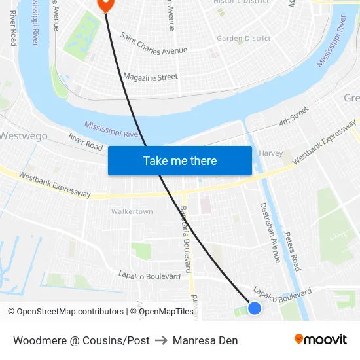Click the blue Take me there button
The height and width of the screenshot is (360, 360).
point(179,160)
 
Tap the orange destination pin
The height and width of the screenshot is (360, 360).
point(105,4)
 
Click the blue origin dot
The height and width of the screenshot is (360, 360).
point(255,308)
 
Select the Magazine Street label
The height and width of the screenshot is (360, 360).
point(151,77)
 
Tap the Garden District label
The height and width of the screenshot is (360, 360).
point(243,39)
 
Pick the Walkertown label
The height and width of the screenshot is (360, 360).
point(132,212)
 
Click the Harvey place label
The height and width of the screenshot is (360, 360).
point(270,153)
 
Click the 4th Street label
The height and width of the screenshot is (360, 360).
point(293,117)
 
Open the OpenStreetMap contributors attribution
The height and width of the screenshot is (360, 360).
point(65,312)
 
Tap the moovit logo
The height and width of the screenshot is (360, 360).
point(320,340)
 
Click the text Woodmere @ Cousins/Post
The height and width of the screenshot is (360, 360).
point(81,340)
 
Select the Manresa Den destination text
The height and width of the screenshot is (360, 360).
point(205,340)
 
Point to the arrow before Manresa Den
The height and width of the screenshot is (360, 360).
point(161,340)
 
